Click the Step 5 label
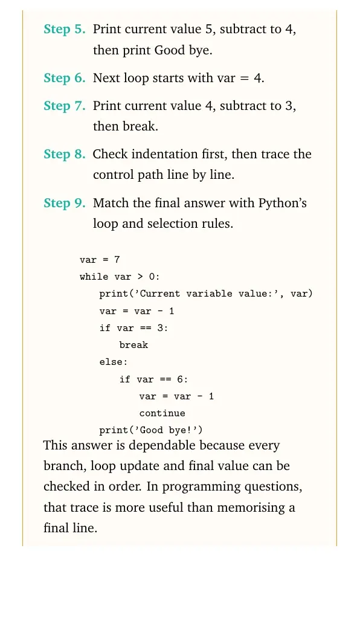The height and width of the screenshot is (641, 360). tap(65, 30)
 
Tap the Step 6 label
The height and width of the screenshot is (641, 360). tap(65, 78)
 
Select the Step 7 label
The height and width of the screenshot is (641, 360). tap(65, 106)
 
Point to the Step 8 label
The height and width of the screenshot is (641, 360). tap(65, 155)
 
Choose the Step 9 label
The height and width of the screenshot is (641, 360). tap(65, 203)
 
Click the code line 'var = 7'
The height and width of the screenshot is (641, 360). tap(100, 260)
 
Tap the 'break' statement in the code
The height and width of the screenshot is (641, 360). tap(133, 345)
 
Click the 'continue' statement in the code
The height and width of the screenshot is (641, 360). tap(162, 413)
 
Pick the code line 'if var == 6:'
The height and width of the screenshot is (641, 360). tap(153, 379)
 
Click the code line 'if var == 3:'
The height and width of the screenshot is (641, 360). tap(133, 328)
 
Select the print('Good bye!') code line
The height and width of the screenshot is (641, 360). tap(151, 430)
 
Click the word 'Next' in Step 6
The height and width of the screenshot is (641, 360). tap(107, 78)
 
